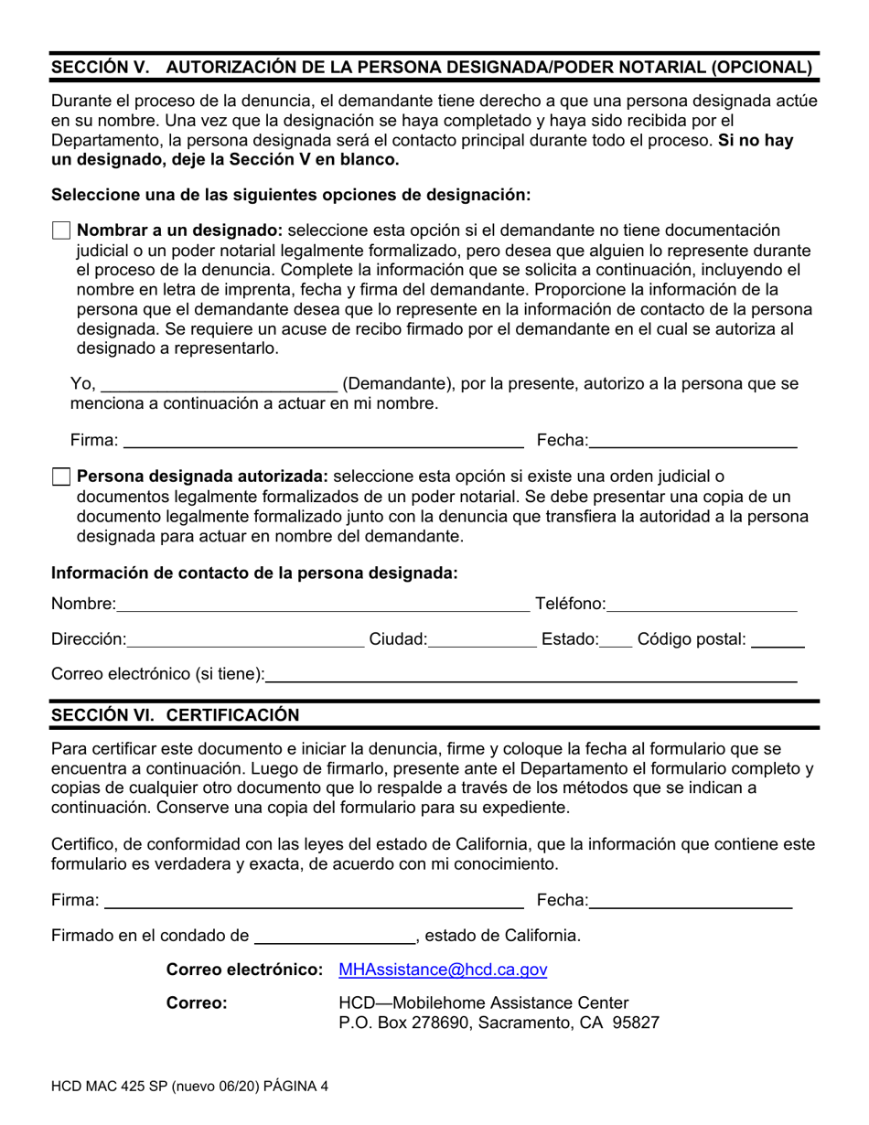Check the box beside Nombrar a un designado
pyautogui.click(x=61, y=230)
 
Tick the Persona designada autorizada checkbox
pyautogui.click(x=61, y=477)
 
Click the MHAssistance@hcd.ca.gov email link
pyautogui.click(x=443, y=970)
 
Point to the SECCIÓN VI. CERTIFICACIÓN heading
pyautogui.click(x=175, y=714)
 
